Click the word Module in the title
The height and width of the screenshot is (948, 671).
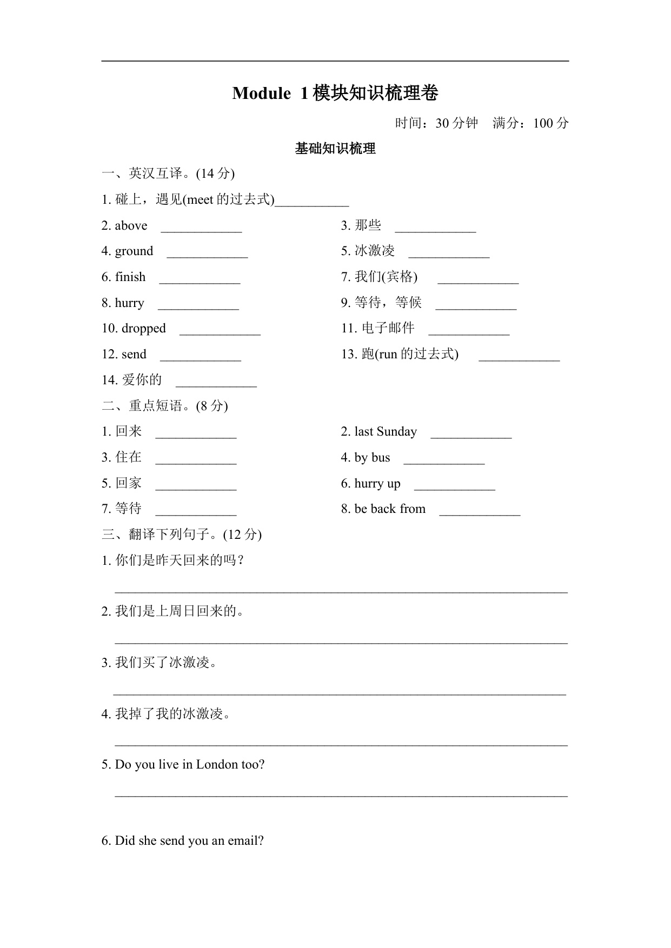(261, 94)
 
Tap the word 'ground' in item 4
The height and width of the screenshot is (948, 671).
(134, 251)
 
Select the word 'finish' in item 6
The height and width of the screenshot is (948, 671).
(130, 277)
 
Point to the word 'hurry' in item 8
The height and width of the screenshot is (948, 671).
(130, 303)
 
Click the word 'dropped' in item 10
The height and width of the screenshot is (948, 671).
(144, 329)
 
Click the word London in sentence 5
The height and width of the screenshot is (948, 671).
(217, 765)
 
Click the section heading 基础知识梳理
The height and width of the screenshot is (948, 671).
(335, 149)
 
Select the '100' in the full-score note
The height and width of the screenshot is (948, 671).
(543, 123)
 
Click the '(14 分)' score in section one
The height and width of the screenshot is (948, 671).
(215, 173)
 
